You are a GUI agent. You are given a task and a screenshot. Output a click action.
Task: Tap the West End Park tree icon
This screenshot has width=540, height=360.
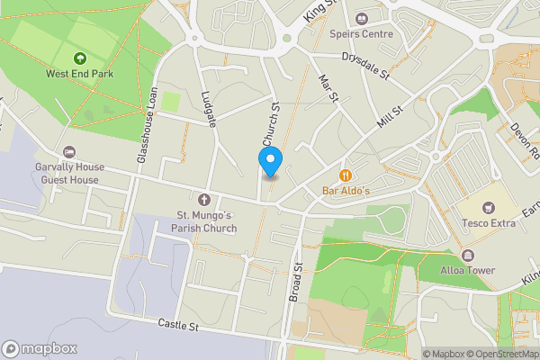coord(81,57)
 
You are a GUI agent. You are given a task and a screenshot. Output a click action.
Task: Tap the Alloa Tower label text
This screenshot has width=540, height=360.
coord(468,270)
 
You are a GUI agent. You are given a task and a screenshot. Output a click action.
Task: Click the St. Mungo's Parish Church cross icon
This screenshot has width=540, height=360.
coord(203,199)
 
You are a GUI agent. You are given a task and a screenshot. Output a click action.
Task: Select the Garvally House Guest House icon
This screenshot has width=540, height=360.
coord(69,152)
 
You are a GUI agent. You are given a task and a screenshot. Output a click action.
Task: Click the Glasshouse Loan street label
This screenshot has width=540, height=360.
coord(148,124)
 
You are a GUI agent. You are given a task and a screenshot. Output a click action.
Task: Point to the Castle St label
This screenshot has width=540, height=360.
coord(177,324)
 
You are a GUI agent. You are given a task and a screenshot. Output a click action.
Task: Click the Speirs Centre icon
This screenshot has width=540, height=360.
coord(364,18)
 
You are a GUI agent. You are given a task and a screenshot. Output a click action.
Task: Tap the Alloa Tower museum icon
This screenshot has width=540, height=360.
coord(468,255)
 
